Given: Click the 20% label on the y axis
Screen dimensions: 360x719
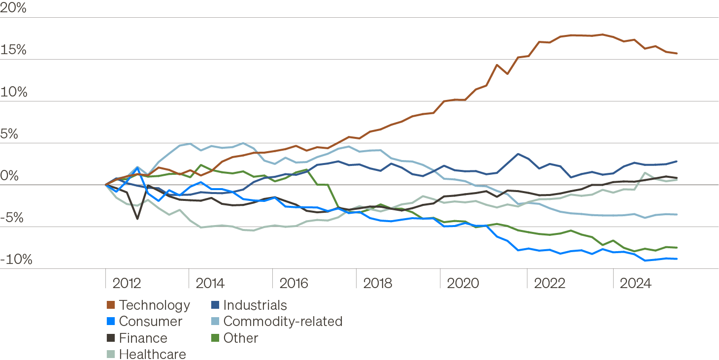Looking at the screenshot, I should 13,8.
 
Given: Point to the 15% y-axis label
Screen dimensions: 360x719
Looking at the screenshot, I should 13,50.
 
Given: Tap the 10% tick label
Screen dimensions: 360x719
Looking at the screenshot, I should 13,92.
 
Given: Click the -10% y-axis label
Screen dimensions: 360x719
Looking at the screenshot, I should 16,260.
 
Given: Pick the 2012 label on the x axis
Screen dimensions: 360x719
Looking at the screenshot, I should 127,283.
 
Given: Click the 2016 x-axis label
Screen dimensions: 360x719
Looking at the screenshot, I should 294,283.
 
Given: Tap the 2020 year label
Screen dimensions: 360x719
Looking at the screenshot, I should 462,283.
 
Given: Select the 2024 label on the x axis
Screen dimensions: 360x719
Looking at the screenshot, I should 635,283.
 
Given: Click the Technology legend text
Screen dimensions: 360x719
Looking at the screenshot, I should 154,305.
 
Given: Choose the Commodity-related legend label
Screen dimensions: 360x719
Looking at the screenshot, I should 283,322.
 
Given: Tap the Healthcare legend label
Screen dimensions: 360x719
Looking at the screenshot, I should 152,354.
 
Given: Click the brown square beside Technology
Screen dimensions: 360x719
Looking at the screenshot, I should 110,305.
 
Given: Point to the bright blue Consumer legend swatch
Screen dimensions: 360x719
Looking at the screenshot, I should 110,322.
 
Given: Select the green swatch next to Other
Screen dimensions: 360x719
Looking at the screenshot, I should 215,338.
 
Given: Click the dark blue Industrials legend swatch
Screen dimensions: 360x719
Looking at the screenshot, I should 215,305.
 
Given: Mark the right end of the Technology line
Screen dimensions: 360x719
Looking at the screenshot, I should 677,53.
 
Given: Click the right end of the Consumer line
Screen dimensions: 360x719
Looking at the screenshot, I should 677,259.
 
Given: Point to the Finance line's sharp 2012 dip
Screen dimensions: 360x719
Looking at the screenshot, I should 137,218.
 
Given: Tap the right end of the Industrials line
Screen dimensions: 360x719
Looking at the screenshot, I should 677,161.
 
